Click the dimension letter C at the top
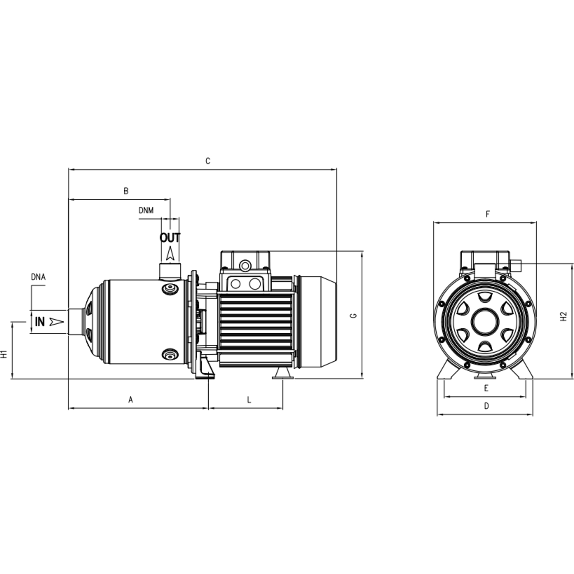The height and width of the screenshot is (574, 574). point(208,161)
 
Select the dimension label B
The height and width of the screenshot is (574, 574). point(126,191)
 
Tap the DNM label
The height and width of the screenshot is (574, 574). point(146,210)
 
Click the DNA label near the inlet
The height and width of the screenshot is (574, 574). point(38,277)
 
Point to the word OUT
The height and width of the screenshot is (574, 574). point(170,237)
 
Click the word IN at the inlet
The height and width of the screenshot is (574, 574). point(40,322)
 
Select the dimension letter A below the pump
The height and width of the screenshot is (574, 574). point(131,399)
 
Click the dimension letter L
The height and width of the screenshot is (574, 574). point(249,399)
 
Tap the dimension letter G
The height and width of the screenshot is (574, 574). point(353,315)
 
